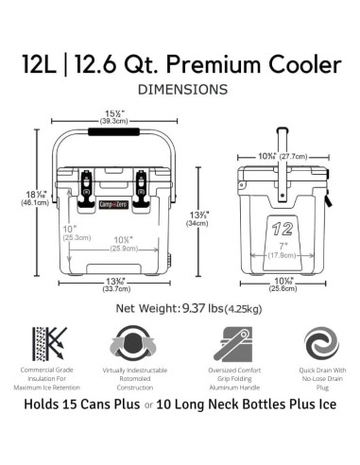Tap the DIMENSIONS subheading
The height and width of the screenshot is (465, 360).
click(182, 90)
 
